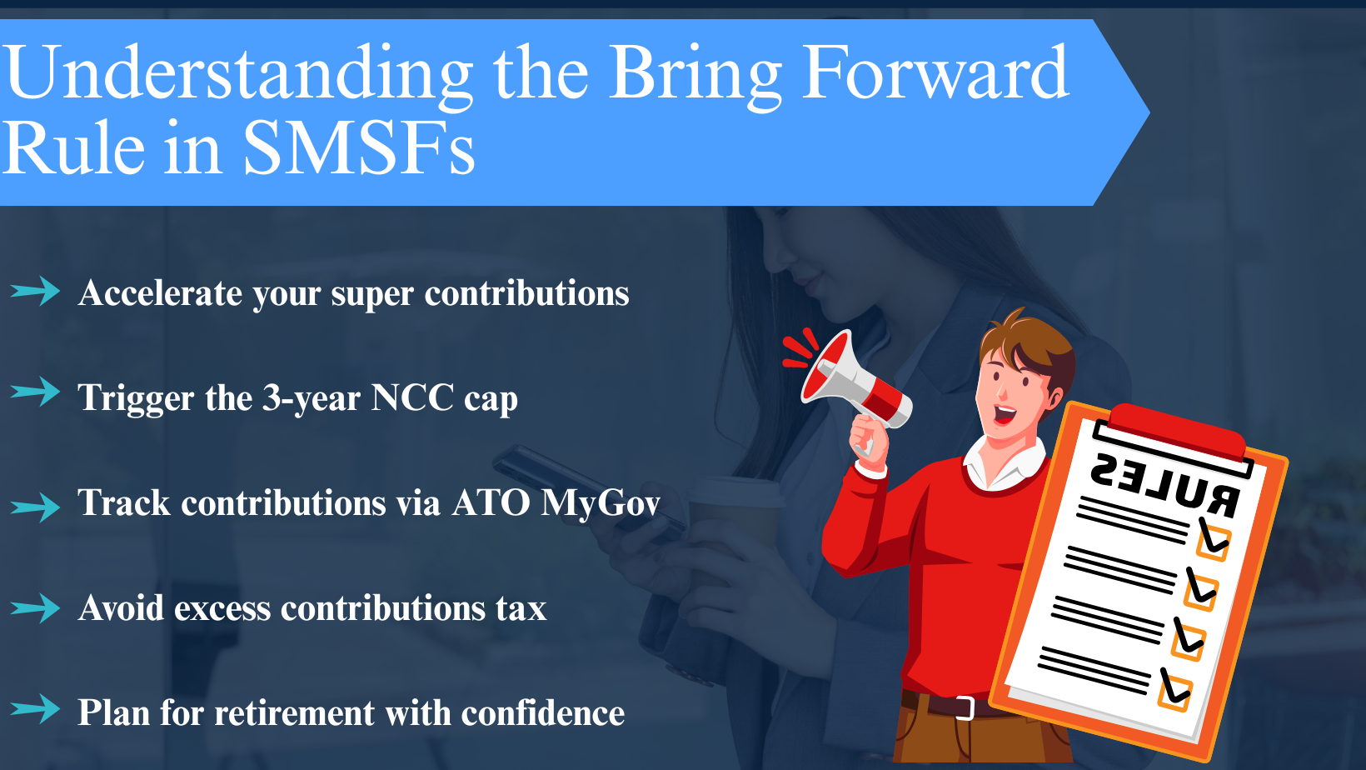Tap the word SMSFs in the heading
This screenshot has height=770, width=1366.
(358, 148)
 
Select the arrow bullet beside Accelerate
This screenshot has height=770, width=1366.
(35, 292)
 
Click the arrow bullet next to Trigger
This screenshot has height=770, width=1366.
(35, 391)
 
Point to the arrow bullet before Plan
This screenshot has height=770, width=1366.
(35, 709)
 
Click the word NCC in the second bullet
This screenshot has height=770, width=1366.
(412, 397)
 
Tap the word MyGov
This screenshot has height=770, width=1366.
(600, 503)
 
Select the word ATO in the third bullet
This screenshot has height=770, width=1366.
(491, 503)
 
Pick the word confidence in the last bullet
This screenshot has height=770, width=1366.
(542, 713)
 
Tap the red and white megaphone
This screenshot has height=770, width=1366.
(850, 379)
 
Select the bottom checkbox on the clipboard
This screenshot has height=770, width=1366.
(1175, 691)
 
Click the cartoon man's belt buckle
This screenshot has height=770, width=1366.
(965, 707)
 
